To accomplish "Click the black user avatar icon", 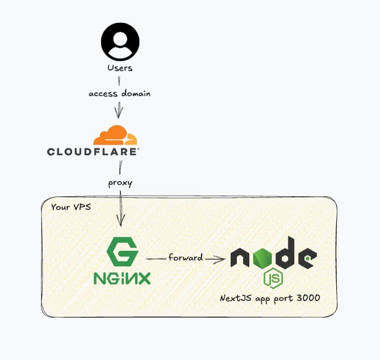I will (120, 42).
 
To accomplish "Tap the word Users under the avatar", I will (120, 68).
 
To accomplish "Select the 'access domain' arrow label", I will (119, 93).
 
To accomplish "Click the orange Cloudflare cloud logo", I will (115, 135).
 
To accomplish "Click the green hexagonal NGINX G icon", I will (122, 252).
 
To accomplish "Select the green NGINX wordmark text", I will (122, 279).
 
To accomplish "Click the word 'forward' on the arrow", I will (185, 258).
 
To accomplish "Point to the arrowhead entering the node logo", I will (219, 259).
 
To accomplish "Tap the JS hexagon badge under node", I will (273, 279).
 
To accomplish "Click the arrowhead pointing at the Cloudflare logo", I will (119, 112).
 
